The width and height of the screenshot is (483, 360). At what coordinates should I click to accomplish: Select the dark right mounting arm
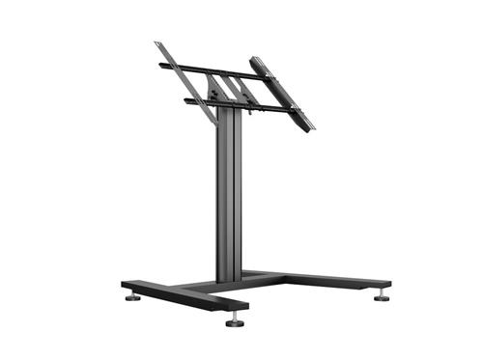pyautogui.click(x=283, y=95)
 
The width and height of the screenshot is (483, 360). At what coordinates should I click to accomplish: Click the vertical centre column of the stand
pyautogui.click(x=228, y=193)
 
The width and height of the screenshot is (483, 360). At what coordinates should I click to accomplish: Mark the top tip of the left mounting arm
pyautogui.click(x=156, y=42)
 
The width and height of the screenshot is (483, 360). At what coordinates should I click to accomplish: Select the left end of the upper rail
pyautogui.click(x=159, y=66)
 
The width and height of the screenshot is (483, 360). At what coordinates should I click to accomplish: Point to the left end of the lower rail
pyautogui.click(x=186, y=100)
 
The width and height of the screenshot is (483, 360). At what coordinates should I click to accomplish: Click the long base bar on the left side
pyautogui.click(x=184, y=295)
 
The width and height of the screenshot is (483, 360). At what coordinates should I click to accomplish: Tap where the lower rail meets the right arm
pyautogui.click(x=290, y=109)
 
